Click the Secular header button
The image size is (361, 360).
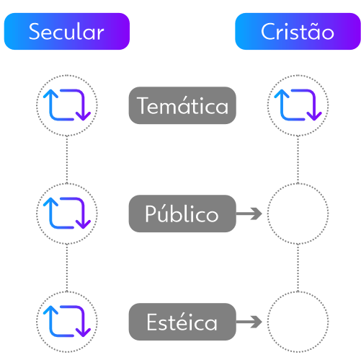click(67, 31)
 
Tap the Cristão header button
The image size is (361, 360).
click(298, 31)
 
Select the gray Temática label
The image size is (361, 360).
click(182, 105)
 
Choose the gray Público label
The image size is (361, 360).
click(182, 214)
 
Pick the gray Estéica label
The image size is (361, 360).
click(182, 322)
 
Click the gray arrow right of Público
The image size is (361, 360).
click(249, 214)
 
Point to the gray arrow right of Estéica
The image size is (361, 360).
click(249, 322)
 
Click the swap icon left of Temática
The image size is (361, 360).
click(67, 105)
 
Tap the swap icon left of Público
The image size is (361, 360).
click(67, 214)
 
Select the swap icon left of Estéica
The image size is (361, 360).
click(67, 322)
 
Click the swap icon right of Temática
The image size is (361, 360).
click(298, 105)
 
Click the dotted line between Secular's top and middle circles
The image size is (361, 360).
click(67, 159)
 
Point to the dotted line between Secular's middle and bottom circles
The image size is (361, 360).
click(67, 268)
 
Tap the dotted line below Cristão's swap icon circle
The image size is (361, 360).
click(298, 159)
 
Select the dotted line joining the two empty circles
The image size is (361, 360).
click(298, 268)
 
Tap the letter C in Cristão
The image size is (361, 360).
click(268, 32)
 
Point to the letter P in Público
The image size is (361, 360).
click(151, 214)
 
